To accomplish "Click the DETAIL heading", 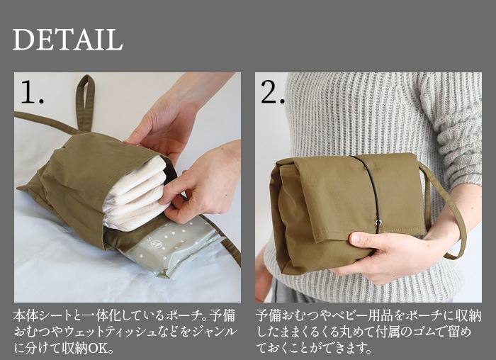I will tap(67, 40).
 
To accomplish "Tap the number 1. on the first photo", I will tap(32, 93).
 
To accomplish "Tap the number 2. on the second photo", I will tap(273, 93).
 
